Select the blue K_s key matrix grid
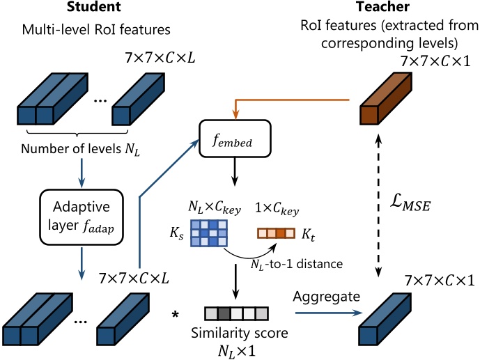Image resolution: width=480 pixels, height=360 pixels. (x=208, y=232)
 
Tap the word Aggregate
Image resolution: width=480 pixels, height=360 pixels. (x=327, y=297)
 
